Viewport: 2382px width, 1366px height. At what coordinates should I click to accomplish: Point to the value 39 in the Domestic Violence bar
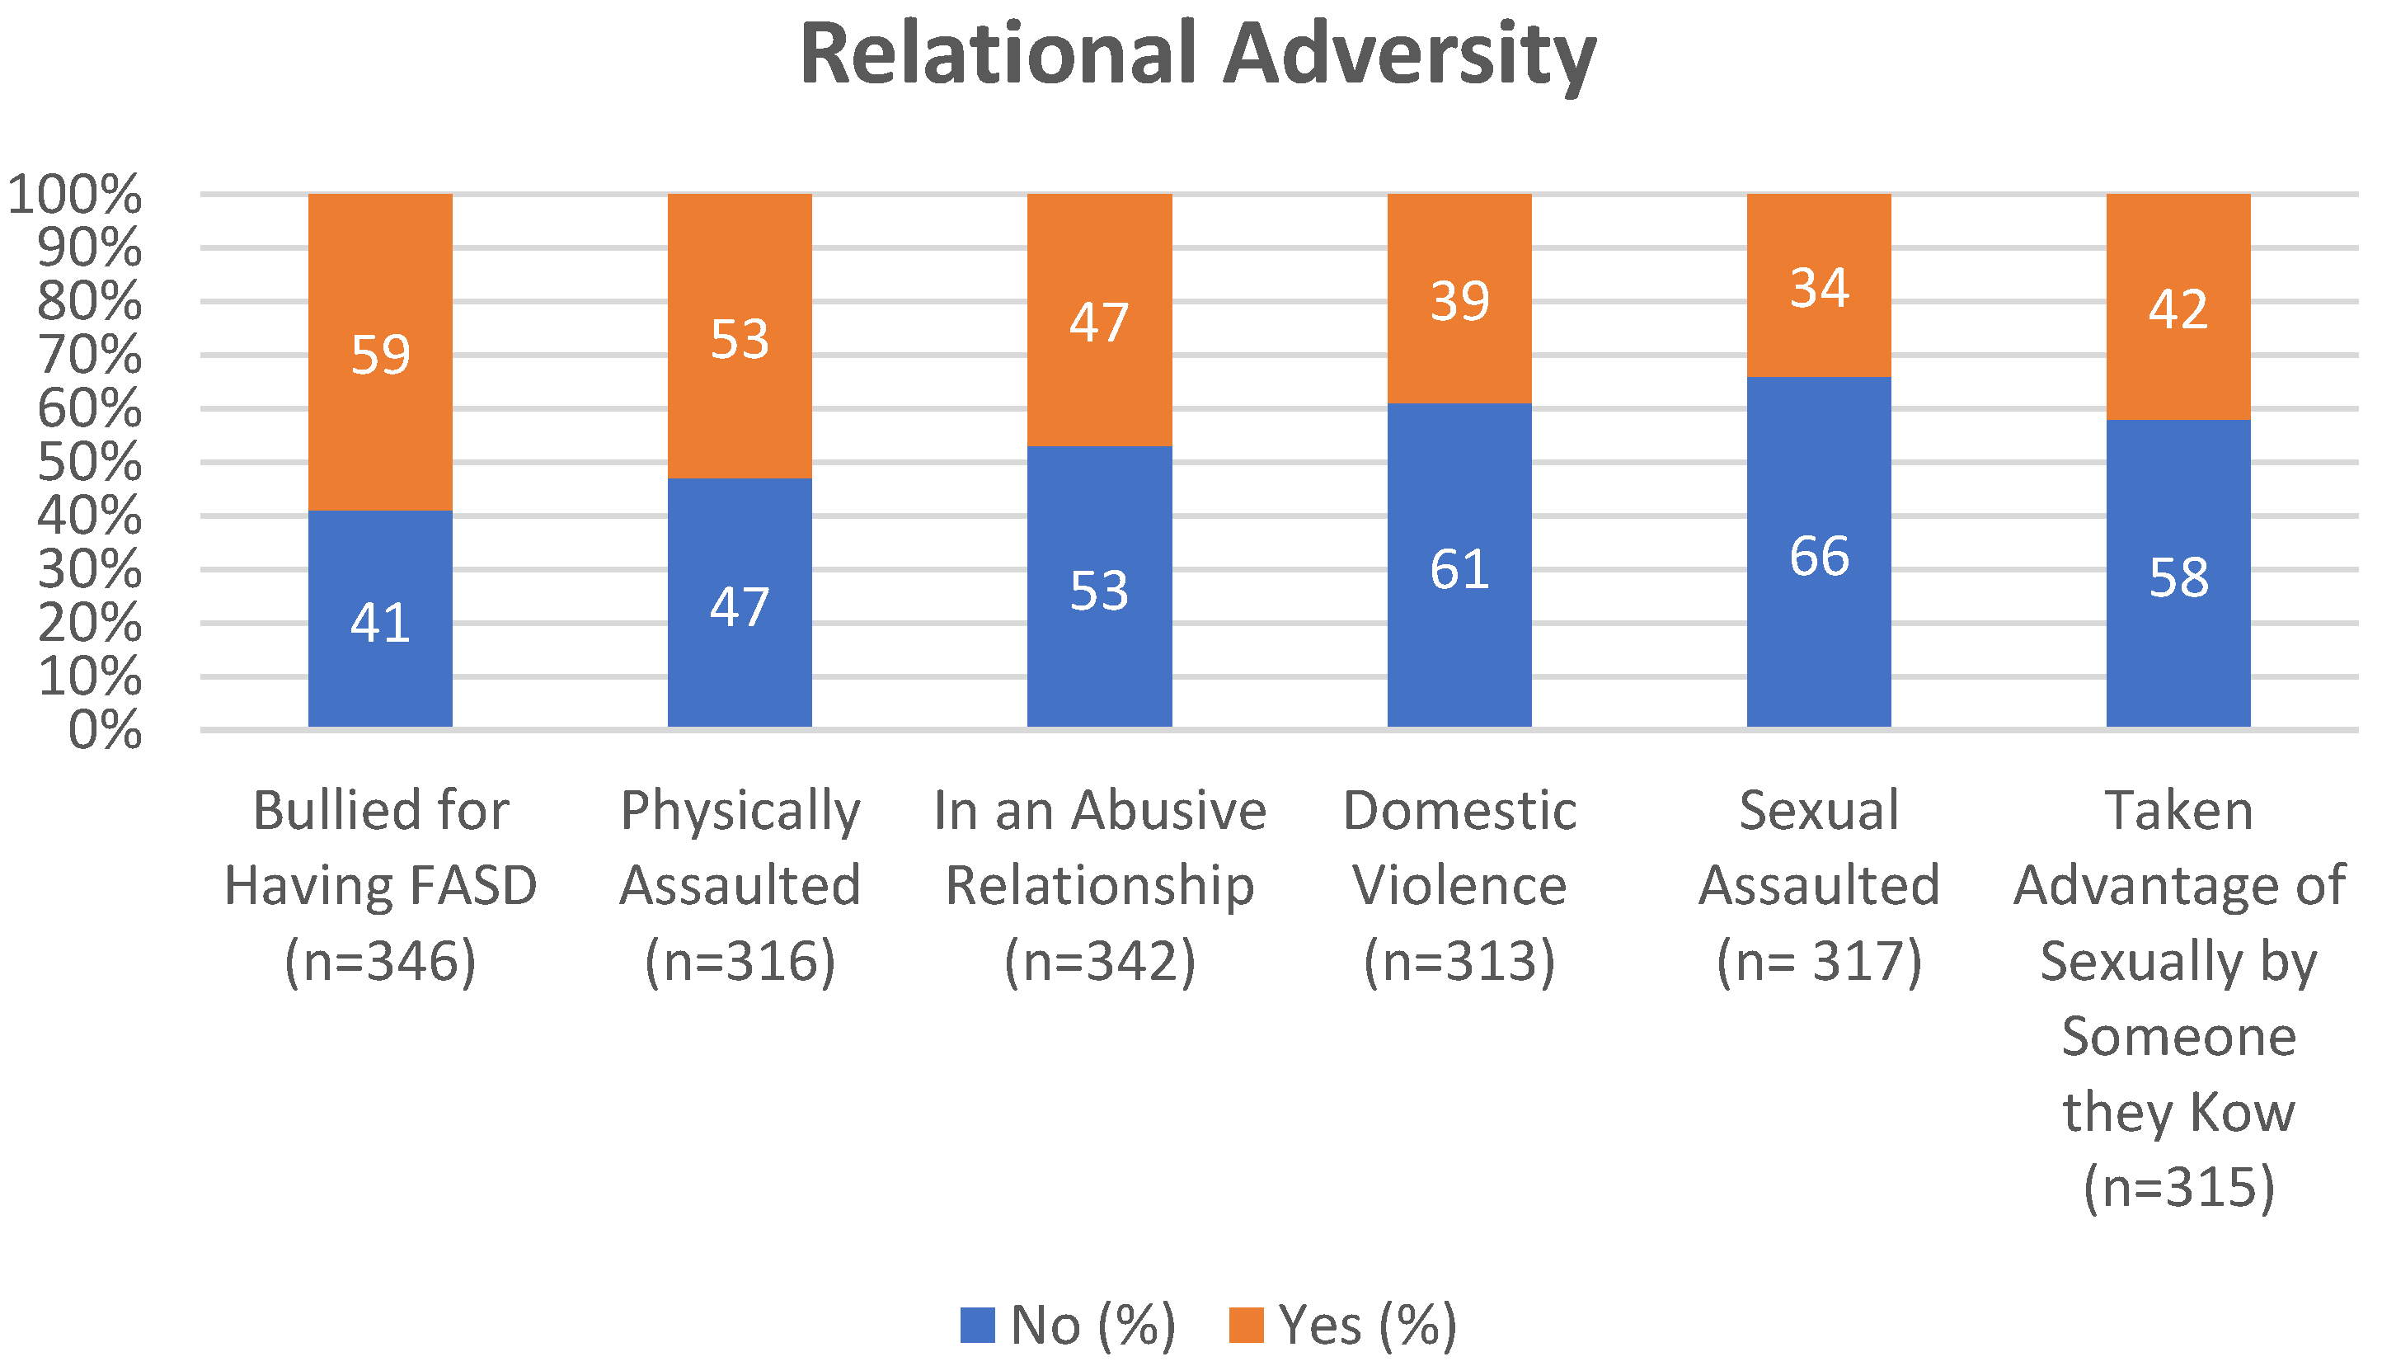point(1459,301)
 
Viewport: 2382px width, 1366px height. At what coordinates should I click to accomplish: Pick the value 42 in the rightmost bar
point(2178,309)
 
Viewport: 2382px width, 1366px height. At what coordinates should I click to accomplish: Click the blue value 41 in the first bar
point(380,622)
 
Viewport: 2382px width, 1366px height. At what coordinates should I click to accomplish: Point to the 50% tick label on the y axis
point(89,462)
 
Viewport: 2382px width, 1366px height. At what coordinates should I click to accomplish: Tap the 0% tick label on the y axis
point(104,730)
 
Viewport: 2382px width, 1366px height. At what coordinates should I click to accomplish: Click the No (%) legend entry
point(1069,1325)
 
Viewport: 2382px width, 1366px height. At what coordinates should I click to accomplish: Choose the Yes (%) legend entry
point(1343,1325)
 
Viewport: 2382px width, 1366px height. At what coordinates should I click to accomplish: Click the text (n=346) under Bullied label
point(380,961)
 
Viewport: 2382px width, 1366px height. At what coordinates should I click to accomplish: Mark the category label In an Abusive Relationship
point(1099,847)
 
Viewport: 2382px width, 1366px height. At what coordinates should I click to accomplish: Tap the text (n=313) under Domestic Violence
point(1459,961)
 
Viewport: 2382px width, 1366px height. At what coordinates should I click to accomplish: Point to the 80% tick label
point(89,301)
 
